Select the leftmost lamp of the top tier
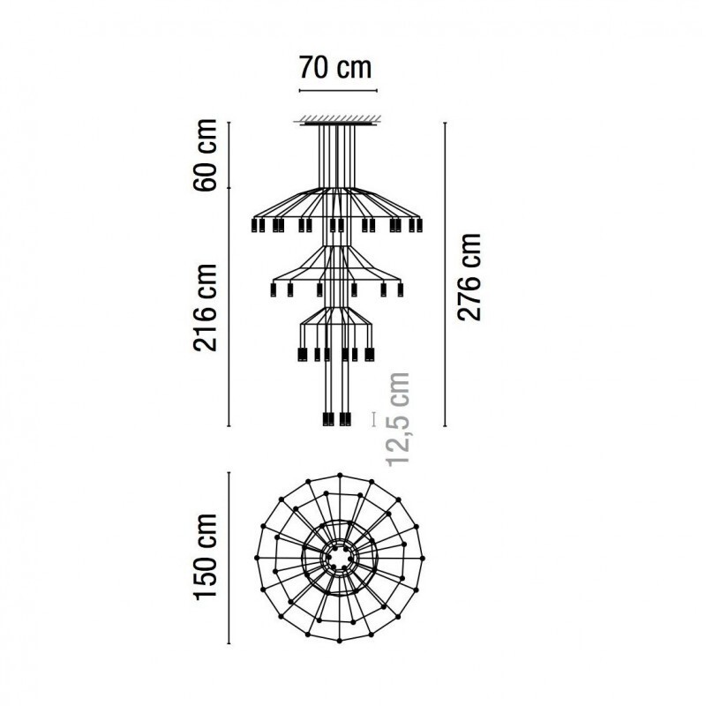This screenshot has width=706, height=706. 258,226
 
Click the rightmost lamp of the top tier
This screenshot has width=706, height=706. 417,226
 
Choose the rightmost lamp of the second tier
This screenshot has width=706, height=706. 400,289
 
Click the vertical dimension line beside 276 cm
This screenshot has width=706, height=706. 443,274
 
